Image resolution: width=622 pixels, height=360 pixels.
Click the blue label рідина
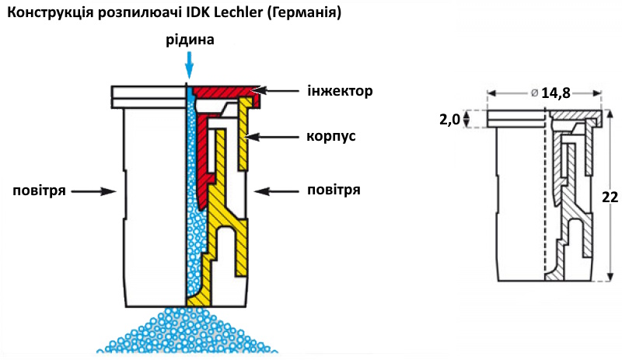pyautogui.click(x=190, y=39)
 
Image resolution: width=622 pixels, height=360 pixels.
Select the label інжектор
pyautogui.click(x=341, y=91)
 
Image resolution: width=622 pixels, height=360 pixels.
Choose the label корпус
pyautogui.click(x=330, y=137)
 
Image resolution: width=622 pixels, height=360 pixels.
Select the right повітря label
pyautogui.click(x=334, y=189)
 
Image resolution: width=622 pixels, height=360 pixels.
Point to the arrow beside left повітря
pyautogui.click(x=101, y=189)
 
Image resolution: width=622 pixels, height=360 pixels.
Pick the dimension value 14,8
pyautogui.click(x=556, y=93)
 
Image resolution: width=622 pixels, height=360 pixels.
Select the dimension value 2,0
pyautogui.click(x=449, y=119)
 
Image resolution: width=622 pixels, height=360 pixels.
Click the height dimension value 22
pyautogui.click(x=609, y=197)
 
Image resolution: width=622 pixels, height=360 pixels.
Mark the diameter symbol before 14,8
pyautogui.click(x=534, y=93)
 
